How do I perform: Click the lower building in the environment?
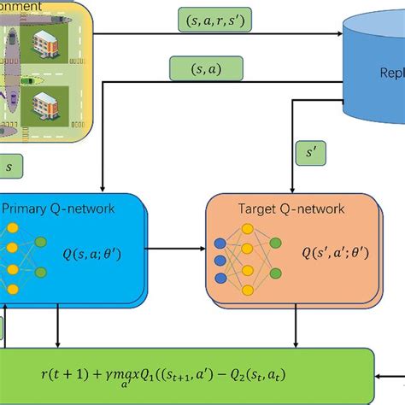point(45,106)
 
